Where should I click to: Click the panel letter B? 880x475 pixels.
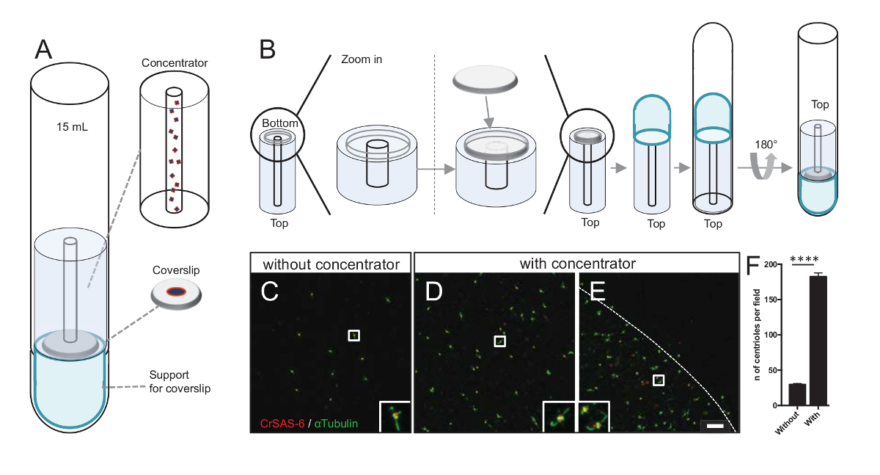[268, 50]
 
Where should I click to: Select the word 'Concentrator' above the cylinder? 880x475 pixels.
[175, 63]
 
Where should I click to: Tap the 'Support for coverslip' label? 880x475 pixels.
[179, 382]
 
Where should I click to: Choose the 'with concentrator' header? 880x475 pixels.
[576, 263]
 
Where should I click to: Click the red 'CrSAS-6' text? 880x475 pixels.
[282, 424]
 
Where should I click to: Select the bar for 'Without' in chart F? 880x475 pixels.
[798, 394]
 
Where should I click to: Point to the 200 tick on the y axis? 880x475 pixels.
[778, 264]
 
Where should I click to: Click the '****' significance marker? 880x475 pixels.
[805, 258]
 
